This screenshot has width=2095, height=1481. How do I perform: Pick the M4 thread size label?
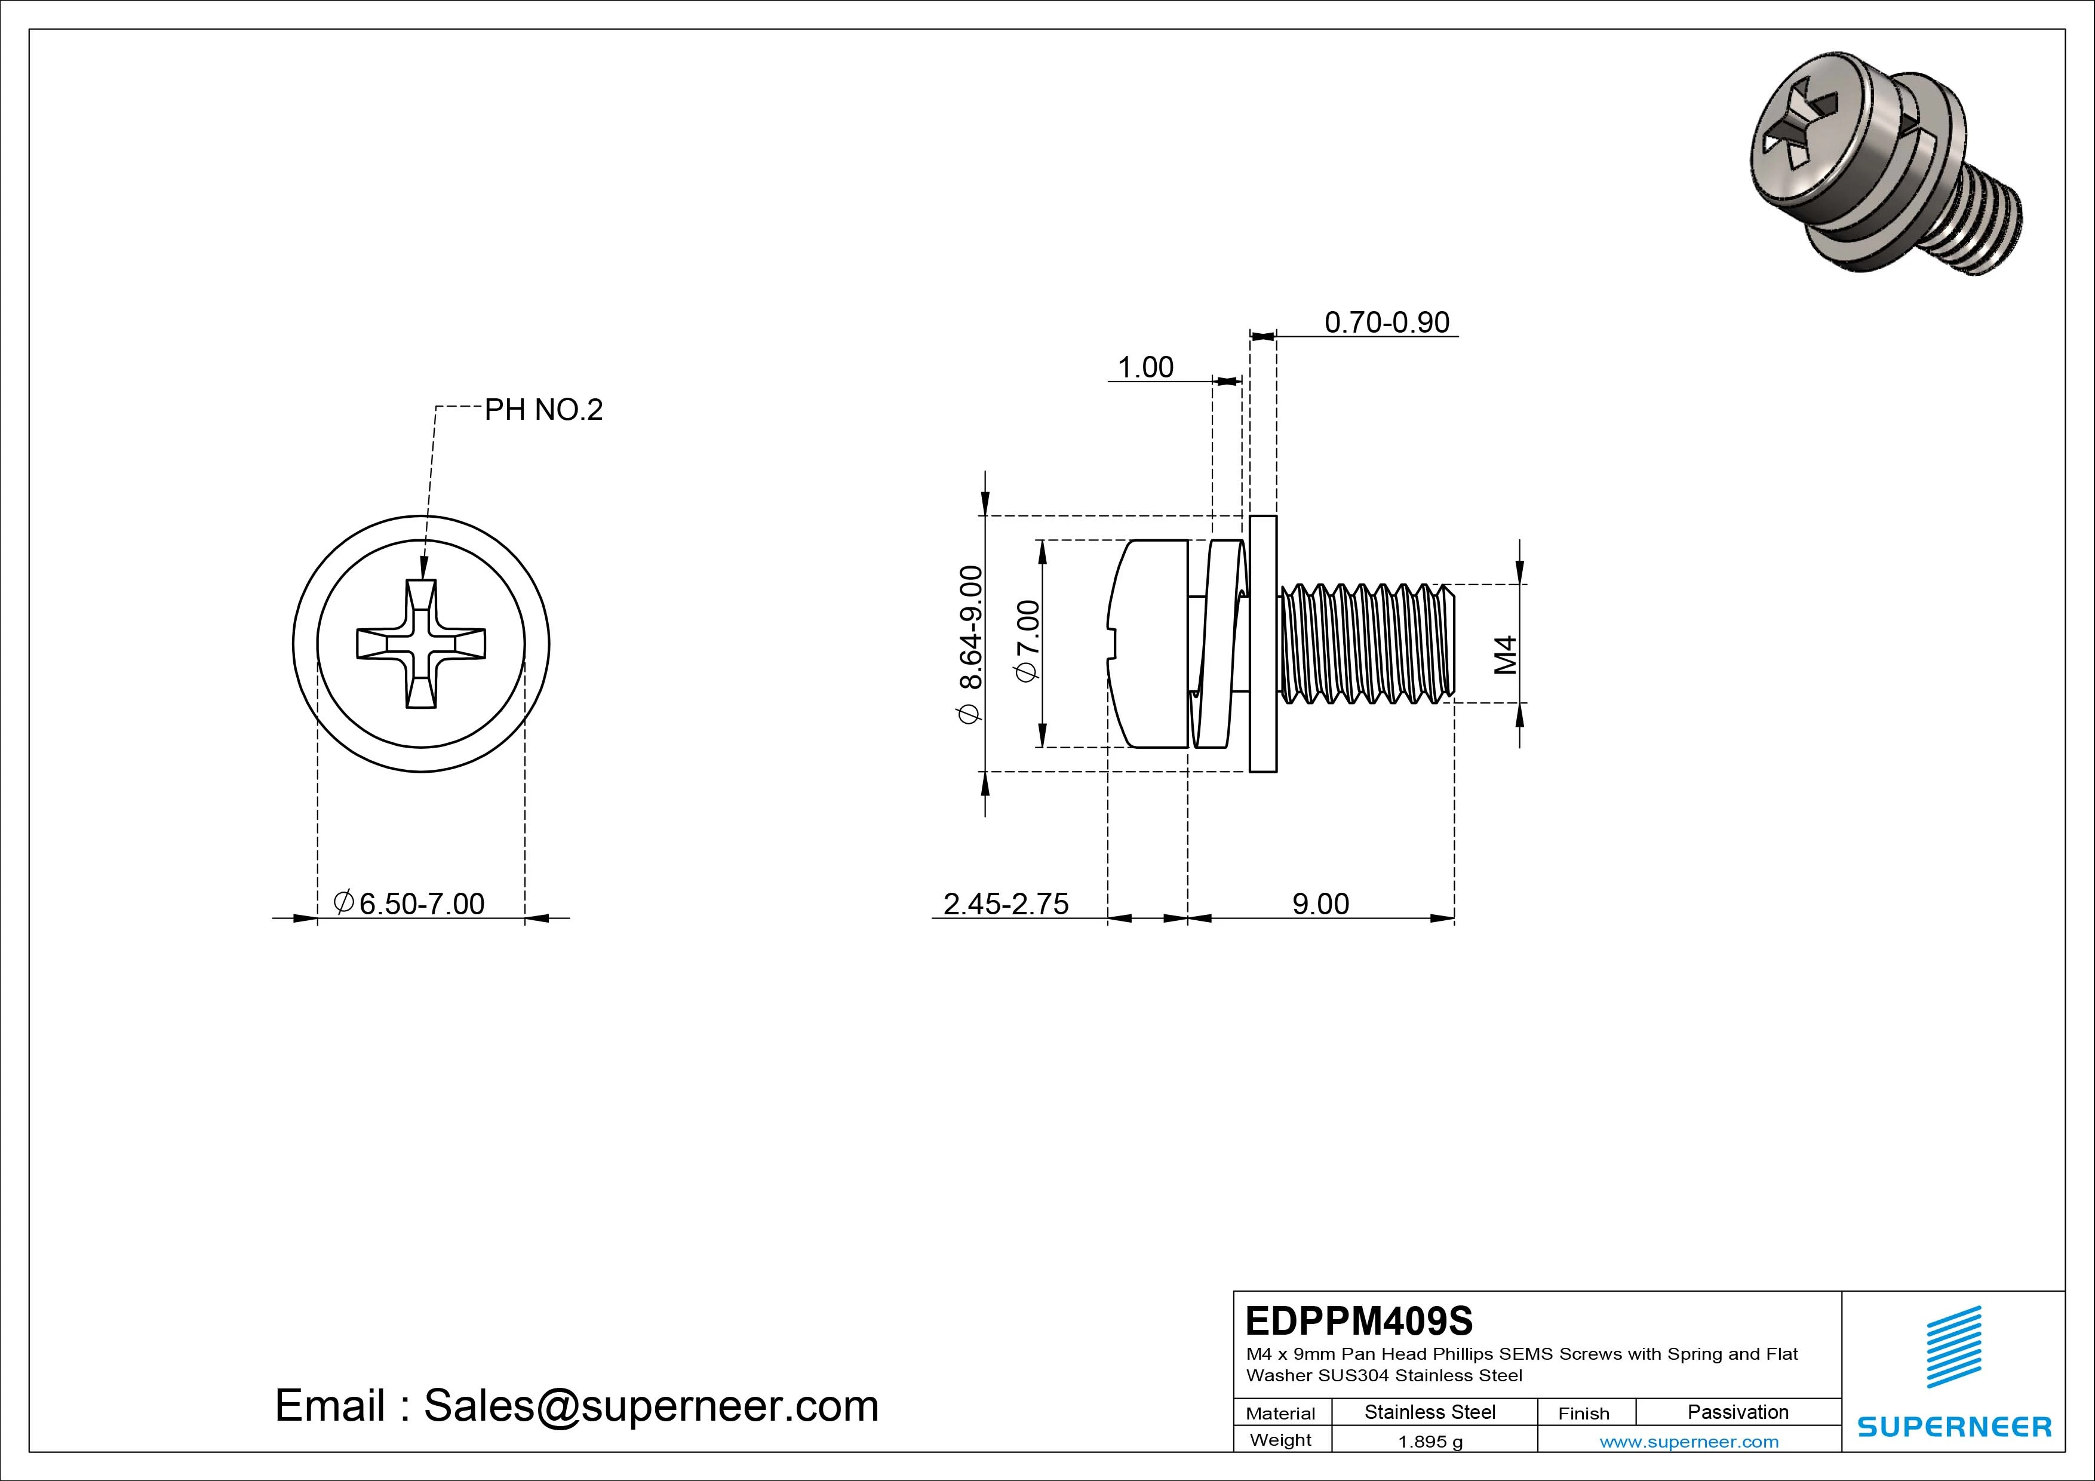click(x=1506, y=655)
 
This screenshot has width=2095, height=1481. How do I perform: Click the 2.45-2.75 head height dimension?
click(x=1006, y=904)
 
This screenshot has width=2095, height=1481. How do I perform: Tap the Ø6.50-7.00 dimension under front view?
click(x=410, y=904)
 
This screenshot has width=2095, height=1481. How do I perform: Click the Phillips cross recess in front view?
click(x=420, y=643)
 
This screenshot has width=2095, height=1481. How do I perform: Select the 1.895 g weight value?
click(x=1430, y=1442)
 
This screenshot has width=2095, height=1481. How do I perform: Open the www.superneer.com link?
click(x=1688, y=1442)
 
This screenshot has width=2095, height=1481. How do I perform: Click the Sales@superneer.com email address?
click(x=650, y=1405)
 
